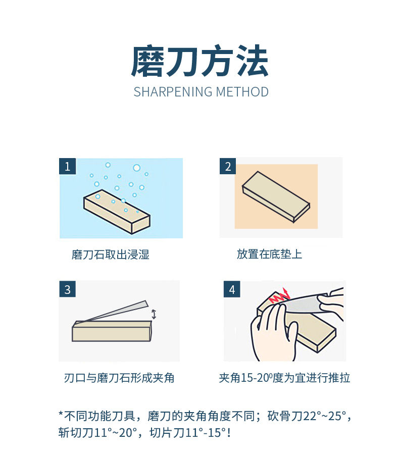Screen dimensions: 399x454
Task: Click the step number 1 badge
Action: [x=68, y=166]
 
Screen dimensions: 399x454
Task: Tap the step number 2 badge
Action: [x=228, y=166]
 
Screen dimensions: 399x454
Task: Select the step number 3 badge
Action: [x=68, y=289]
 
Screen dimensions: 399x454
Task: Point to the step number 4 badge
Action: [x=232, y=289]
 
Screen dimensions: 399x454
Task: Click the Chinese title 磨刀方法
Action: [x=200, y=62]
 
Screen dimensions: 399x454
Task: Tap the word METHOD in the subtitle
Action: [x=242, y=92]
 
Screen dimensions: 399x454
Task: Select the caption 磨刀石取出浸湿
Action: [x=110, y=255]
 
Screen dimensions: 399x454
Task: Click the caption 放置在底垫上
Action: [x=270, y=254]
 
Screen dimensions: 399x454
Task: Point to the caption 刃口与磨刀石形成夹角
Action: [x=119, y=378]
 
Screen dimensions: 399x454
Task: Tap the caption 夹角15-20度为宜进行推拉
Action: [x=284, y=378]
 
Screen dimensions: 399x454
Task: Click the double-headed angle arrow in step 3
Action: [x=154, y=315]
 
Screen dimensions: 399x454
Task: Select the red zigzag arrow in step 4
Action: [x=280, y=295]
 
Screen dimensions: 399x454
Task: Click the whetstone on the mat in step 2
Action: [x=276, y=197]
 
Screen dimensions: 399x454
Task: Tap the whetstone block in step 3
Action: [x=112, y=331]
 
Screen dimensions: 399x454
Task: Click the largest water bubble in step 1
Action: [x=137, y=168]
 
